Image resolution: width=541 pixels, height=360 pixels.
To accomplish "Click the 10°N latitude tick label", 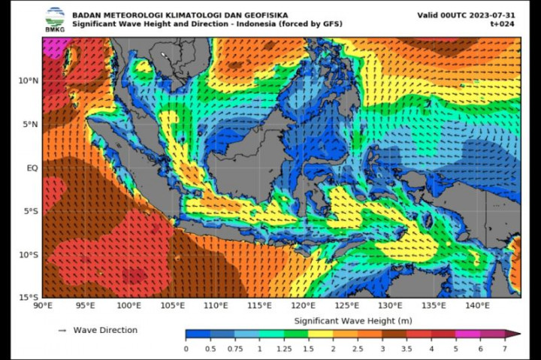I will click(29, 80).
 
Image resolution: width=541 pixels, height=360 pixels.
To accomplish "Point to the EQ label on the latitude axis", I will click(32, 168).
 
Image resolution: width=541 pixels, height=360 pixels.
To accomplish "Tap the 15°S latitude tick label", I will click(29, 298).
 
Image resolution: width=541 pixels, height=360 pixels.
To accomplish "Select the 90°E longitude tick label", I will click(43, 306).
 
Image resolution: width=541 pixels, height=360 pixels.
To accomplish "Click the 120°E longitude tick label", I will click(304, 306).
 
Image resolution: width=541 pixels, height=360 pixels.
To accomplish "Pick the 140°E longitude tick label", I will click(477, 306).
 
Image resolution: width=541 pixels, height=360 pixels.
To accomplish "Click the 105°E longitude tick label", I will click(173, 306).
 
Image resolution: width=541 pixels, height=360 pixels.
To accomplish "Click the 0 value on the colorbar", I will click(186, 349).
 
